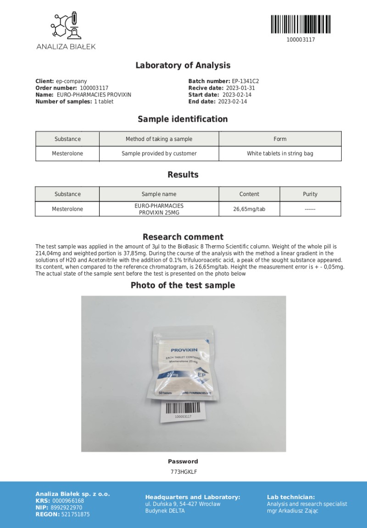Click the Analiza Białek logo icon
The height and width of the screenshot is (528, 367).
coord(66,27)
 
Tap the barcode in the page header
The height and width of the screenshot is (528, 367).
coord(300,24)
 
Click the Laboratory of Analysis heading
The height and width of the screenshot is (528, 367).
coord(183,65)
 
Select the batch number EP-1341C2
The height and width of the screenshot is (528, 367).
coord(245,81)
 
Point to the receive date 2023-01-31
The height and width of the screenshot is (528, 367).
coord(240,88)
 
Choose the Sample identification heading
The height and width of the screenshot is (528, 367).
coord(183,119)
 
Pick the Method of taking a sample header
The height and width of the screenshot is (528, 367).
coord(159,139)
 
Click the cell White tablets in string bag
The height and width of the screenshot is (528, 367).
coord(280,153)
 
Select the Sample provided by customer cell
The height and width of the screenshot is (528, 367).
coord(159,153)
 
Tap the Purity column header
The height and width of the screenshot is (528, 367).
coord(311,194)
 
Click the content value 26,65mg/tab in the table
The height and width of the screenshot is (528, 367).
coord(249,209)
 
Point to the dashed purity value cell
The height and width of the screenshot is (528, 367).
coord(311,209)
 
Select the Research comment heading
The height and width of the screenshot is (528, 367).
coord(183,237)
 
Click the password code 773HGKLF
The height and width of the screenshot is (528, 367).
coord(183,472)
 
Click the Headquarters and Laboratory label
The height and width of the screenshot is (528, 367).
coord(192,497)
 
